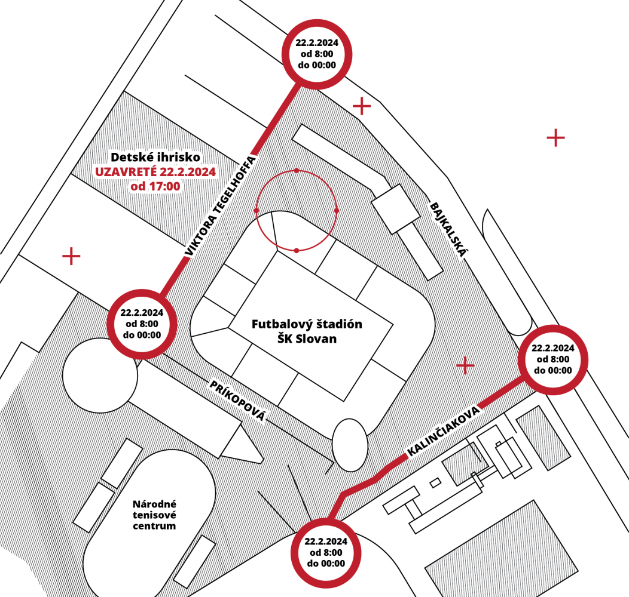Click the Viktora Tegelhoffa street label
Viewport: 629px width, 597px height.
[x=220, y=206]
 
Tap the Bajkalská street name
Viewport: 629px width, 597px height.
[x=449, y=229]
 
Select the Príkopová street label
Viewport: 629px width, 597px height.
[x=237, y=401]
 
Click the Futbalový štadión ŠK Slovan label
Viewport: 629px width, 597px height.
[x=307, y=331]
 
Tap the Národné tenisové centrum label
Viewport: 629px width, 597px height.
[x=154, y=515]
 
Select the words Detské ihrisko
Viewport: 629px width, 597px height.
[x=155, y=156]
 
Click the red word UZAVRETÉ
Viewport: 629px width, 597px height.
[x=126, y=172]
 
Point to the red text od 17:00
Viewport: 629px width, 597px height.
[x=155, y=186]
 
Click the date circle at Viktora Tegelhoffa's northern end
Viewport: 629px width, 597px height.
[x=317, y=54]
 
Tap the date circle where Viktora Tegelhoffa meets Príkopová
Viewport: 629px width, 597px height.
[x=142, y=324]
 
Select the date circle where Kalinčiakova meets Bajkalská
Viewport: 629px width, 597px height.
[x=553, y=359]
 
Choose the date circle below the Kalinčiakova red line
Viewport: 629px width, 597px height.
[x=326, y=553]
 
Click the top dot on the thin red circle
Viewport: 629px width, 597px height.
[x=297, y=170]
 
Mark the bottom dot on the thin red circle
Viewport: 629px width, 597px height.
[x=297, y=251]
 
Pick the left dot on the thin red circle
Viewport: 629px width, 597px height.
[x=257, y=210]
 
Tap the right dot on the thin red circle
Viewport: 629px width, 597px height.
[x=337, y=210]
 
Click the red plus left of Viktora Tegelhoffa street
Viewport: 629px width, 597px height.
[x=71, y=256]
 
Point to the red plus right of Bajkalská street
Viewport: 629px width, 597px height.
[x=555, y=138]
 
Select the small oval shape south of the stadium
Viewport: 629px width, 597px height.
[x=350, y=445]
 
